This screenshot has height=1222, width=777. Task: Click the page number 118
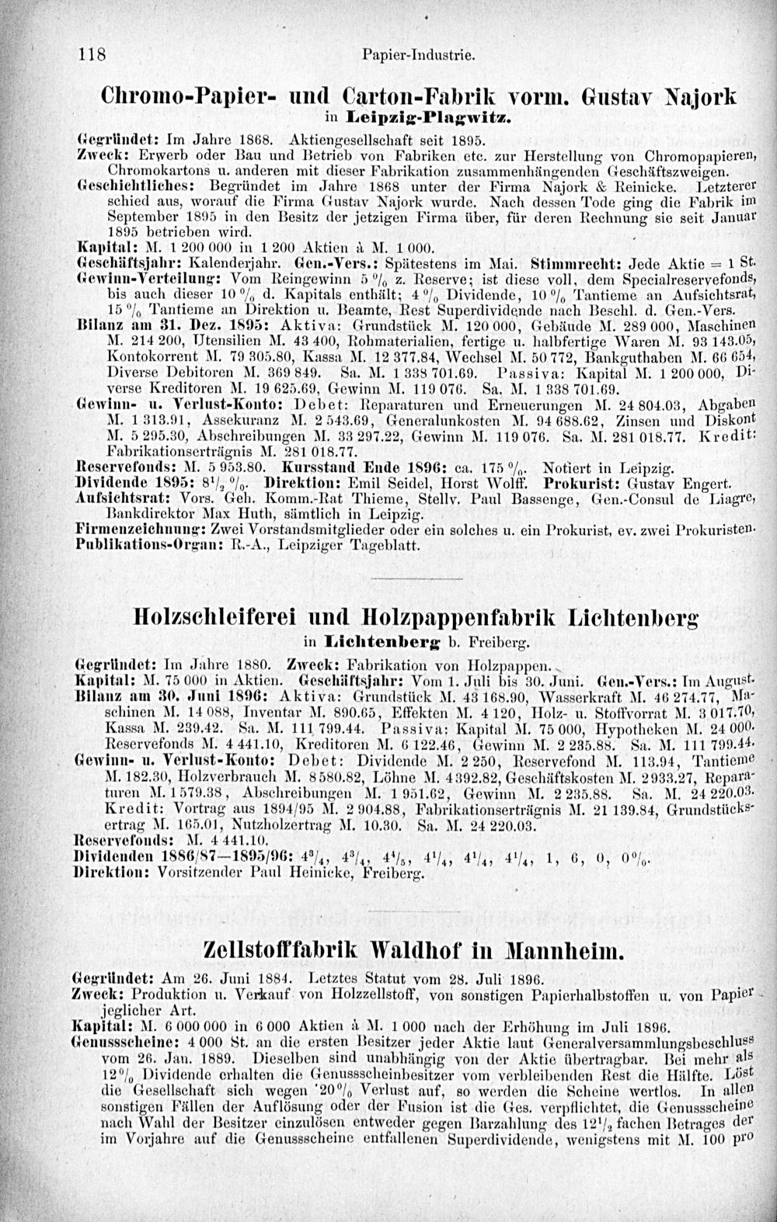[92, 55]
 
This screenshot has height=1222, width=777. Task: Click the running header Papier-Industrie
[418, 56]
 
